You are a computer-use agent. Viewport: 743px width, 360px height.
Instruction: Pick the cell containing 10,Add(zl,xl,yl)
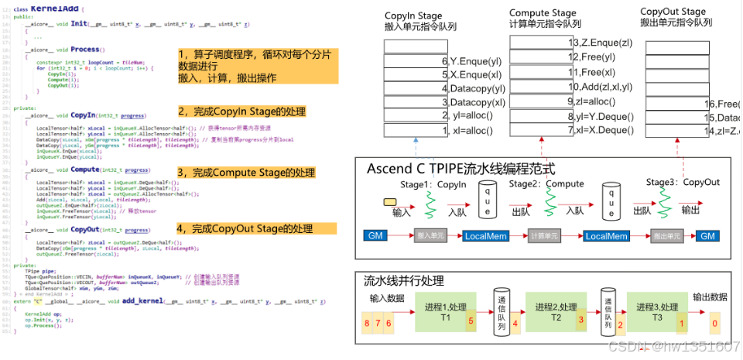pos(601,87)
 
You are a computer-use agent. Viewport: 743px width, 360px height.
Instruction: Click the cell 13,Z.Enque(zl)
pos(601,43)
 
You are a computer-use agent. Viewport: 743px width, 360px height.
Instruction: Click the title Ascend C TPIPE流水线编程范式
pos(462,168)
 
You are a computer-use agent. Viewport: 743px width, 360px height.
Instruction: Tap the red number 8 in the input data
pos(366,321)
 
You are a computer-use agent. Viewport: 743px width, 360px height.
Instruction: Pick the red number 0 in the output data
pos(714,322)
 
